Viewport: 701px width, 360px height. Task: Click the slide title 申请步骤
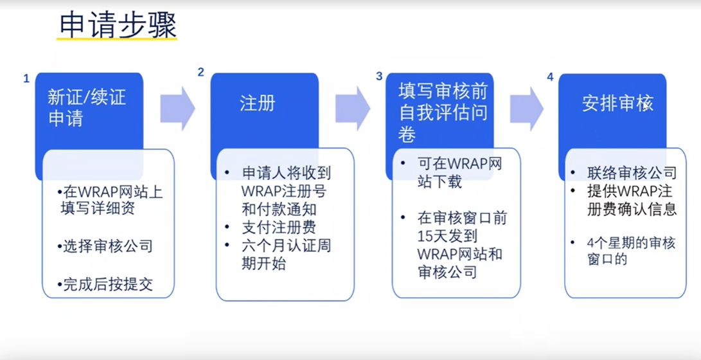pos(118,25)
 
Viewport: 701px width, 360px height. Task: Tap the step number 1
pos(26,78)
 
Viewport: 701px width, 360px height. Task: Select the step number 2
pos(201,72)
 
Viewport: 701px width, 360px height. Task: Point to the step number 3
pos(379,76)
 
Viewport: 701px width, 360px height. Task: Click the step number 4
pos(550,77)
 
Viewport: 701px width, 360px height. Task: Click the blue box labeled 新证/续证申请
pos(87,107)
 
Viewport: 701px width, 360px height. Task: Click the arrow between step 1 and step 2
pos(177,108)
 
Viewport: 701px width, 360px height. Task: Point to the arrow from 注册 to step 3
pos(352,108)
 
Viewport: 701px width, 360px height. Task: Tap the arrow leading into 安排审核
pos(527,108)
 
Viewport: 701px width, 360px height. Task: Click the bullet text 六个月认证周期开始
pos(286,255)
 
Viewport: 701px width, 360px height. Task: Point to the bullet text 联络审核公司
pos(632,173)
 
